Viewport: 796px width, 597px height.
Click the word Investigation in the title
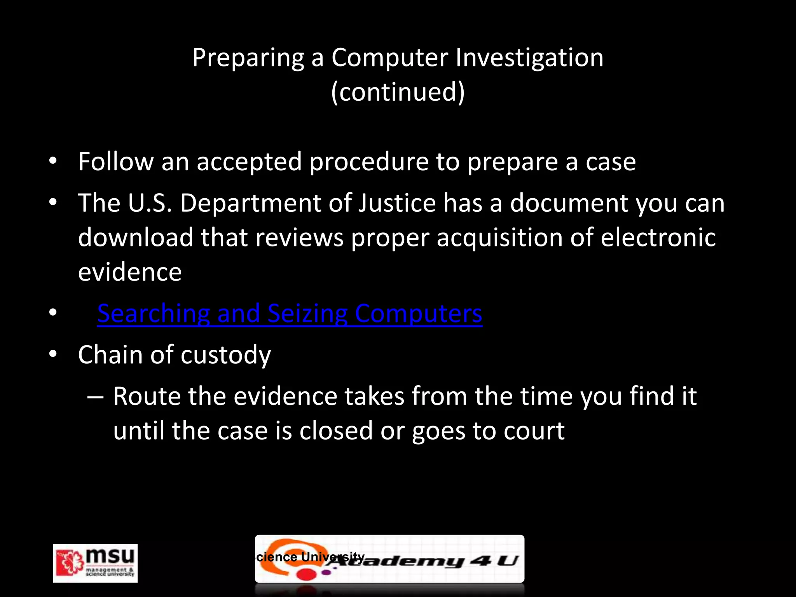529,58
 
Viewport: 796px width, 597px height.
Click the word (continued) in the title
398,92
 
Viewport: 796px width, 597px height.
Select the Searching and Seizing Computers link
290,313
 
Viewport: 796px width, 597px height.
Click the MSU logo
95,563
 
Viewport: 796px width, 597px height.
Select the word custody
225,355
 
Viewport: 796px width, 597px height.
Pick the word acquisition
499,237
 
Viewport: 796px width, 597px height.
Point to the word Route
147,396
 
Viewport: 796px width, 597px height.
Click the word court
533,431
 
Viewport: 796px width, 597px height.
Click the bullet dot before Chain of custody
53,354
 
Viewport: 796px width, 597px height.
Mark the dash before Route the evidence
95,397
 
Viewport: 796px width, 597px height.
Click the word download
135,237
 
